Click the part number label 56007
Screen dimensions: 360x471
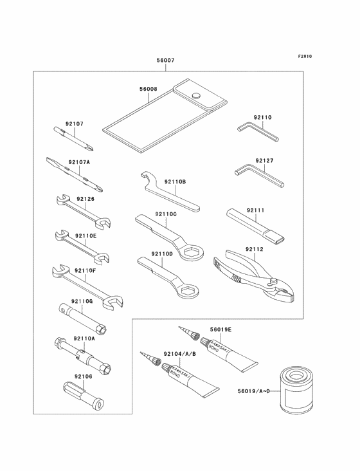click(x=165, y=60)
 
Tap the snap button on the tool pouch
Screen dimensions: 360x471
click(x=197, y=95)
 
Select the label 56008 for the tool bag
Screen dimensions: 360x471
click(x=148, y=89)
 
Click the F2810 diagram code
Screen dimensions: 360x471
click(x=305, y=56)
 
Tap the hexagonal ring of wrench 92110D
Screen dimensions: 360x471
click(x=188, y=290)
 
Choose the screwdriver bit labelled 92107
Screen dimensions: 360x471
click(x=74, y=138)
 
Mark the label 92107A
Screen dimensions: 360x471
click(x=79, y=162)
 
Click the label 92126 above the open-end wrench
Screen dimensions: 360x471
click(x=85, y=199)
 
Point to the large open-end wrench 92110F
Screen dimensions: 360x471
click(x=87, y=287)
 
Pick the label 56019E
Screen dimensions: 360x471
click(x=221, y=329)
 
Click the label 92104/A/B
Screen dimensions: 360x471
click(x=180, y=354)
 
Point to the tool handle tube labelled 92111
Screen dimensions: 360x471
click(x=255, y=225)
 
